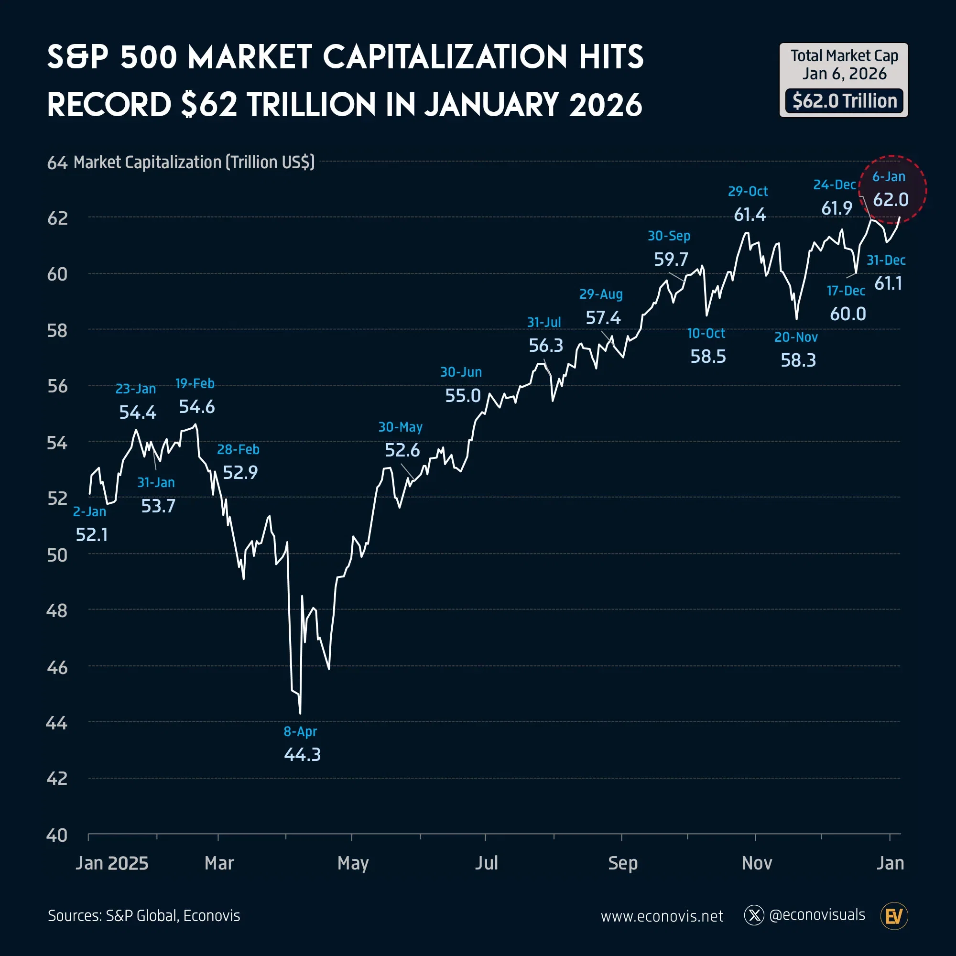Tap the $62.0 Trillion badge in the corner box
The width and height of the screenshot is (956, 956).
[844, 101]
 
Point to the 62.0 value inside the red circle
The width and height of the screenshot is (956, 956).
[890, 200]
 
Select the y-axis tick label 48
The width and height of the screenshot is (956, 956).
[57, 611]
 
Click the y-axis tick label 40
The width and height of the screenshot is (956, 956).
[57, 836]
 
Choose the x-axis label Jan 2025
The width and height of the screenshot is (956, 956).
[112, 863]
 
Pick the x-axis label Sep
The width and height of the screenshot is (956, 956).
[622, 863]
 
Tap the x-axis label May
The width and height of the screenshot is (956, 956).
[353, 863]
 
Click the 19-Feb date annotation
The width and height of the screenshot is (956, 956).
[195, 383]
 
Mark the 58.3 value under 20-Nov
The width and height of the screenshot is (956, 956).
[798, 360]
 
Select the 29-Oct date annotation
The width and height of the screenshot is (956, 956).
[748, 192]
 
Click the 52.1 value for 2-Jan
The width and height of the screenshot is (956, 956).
[92, 535]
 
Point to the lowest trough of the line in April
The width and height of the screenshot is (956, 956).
[300, 713]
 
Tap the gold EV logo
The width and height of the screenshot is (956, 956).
[894, 916]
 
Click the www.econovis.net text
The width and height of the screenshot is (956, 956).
[662, 916]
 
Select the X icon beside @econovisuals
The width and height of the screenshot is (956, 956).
[754, 915]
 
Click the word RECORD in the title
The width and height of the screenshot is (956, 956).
[109, 105]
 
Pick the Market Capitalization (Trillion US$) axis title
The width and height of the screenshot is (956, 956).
[194, 163]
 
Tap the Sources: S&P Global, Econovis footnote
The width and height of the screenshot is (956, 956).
[144, 916]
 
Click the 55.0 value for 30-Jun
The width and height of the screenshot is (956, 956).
[463, 396]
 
